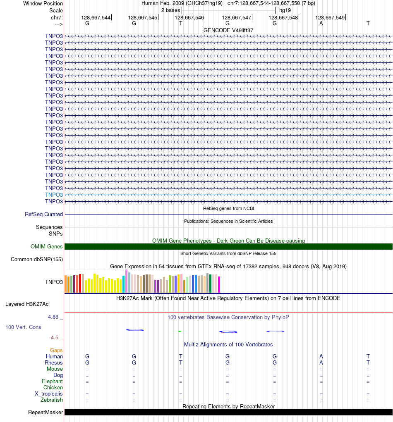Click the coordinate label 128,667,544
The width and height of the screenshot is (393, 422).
96,17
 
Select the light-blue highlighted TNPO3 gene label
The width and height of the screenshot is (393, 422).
54,195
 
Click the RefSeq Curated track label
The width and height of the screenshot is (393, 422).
44,214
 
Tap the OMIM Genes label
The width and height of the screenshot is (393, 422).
47,246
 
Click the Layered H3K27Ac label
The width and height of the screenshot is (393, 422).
27,304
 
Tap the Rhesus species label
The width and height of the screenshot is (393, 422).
54,362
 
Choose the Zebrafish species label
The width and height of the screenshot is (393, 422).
52,400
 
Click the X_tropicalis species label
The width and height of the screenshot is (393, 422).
49,393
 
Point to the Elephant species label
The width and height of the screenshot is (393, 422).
52,381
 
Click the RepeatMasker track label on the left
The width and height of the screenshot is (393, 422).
46,412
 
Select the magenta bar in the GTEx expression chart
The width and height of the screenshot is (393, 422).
219,284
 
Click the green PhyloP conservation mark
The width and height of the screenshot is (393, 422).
180,331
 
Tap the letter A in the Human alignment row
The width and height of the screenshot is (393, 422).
321,356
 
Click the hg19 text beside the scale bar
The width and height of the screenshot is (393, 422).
285,10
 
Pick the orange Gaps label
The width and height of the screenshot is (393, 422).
56,350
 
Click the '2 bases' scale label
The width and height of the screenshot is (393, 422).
170,10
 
